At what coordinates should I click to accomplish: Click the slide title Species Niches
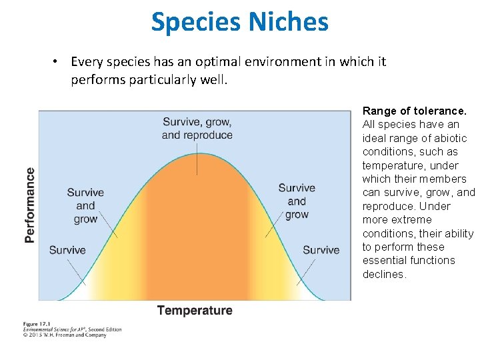coord(239,21)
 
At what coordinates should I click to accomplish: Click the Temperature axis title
coord(195,311)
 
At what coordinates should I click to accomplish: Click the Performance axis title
coord(30,205)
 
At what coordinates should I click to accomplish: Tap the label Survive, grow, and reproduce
coord(197,129)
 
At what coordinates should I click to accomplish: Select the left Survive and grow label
coord(85,206)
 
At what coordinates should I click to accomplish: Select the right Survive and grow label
coord(297,201)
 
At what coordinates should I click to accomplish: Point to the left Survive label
coord(67,251)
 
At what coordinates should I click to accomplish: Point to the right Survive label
coord(321,251)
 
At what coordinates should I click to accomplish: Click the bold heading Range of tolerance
coord(414,111)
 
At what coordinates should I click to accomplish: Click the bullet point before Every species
coord(58,62)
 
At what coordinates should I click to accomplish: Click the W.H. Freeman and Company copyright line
coord(65,335)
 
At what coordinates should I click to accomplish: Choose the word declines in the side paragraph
coord(383,274)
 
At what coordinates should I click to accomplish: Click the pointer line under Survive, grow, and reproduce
coord(197,159)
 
